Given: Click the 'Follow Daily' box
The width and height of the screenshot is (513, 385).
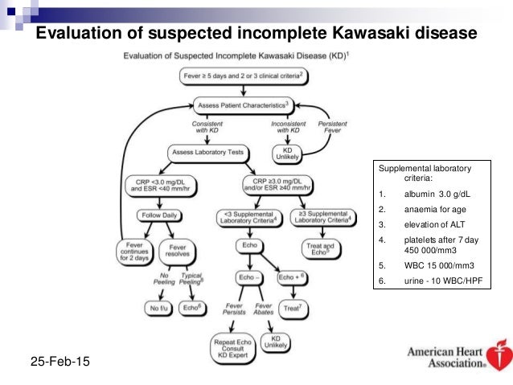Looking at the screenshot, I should pos(157,216).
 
